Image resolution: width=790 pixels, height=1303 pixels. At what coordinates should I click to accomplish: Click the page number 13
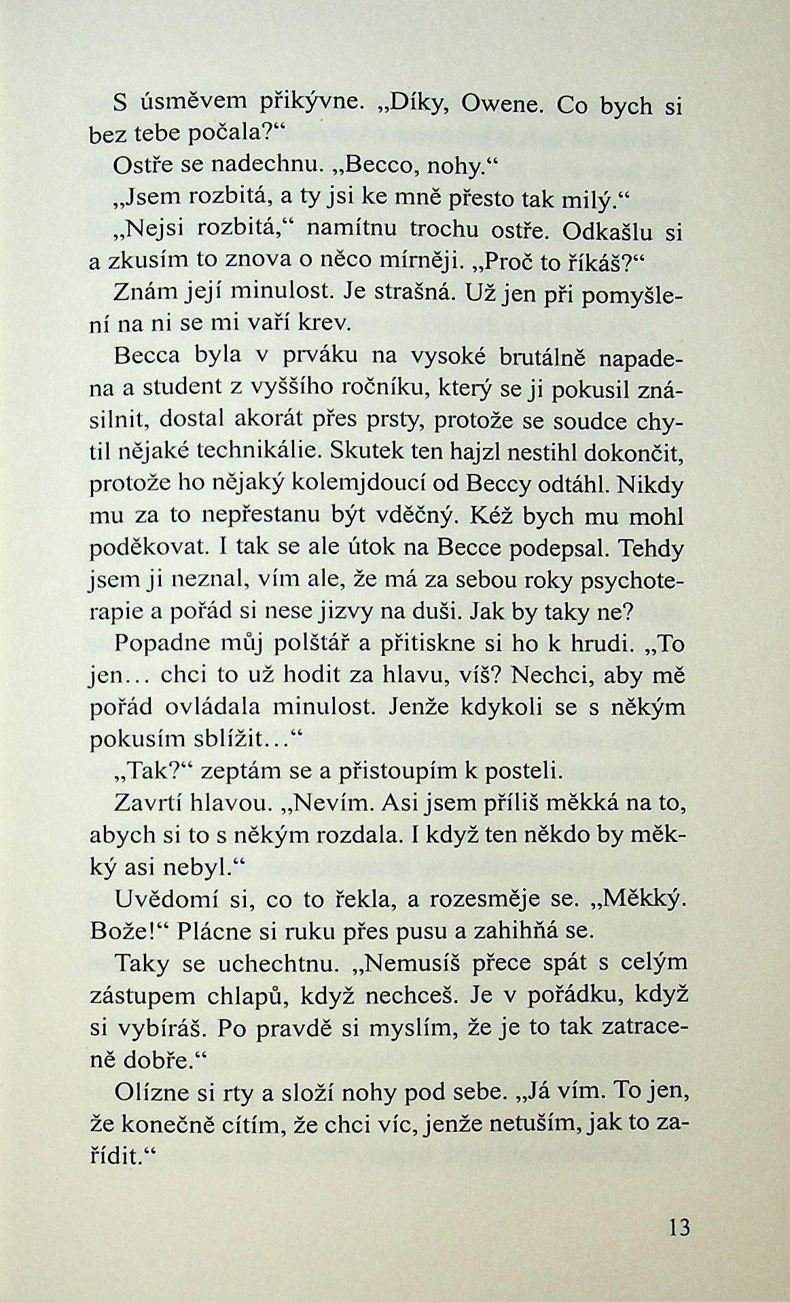point(679,1227)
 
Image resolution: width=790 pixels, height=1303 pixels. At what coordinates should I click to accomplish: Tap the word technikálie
point(264,449)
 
